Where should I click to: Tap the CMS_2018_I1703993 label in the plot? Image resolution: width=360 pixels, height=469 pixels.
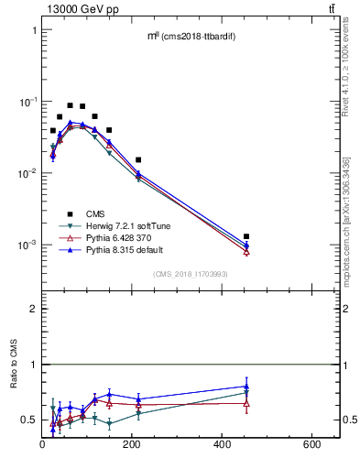click(190, 273)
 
